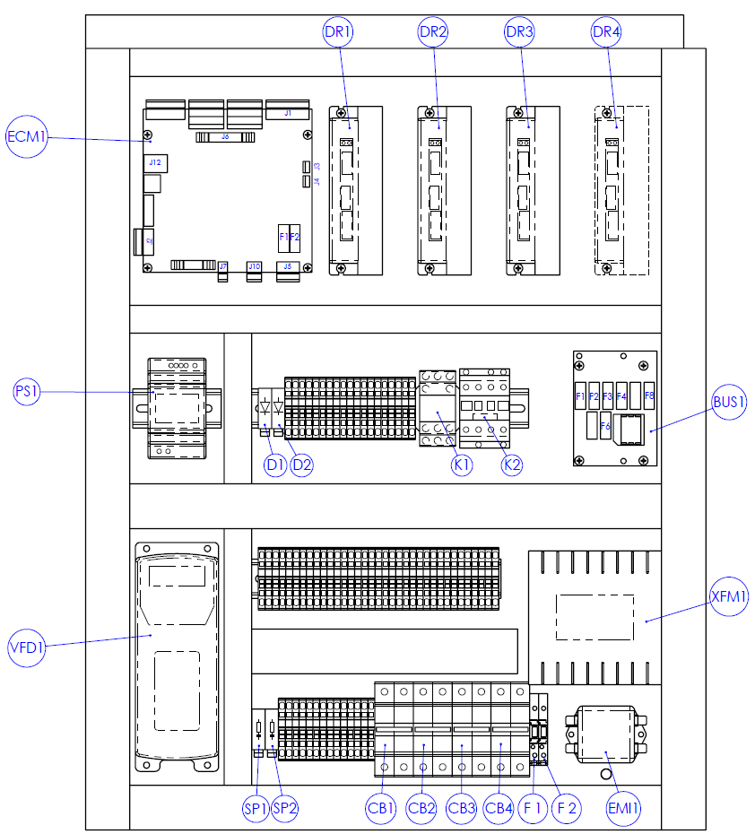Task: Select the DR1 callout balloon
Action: point(338,32)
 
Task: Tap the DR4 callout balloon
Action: point(606,32)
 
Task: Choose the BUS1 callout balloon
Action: point(729,402)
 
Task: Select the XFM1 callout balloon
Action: point(728,596)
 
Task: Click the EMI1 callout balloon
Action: point(623,808)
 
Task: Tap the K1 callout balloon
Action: point(462,465)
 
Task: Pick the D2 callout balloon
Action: point(302,465)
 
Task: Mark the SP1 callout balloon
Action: point(256,808)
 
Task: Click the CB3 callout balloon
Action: point(461,808)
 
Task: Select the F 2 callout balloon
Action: point(567,808)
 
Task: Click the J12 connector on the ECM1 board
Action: point(154,162)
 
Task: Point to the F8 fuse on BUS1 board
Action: point(649,395)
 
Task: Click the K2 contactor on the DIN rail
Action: point(485,408)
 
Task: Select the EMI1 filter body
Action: point(604,734)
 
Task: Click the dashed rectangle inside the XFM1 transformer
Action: point(595,616)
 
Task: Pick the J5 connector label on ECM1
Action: point(288,266)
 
